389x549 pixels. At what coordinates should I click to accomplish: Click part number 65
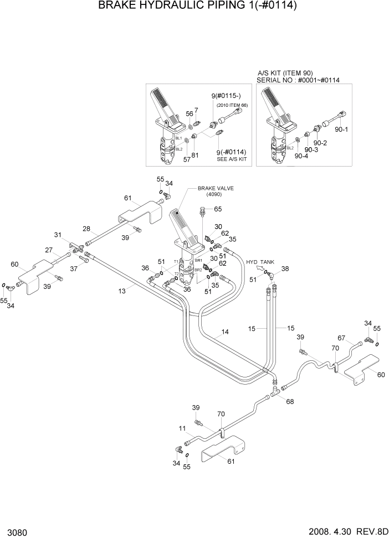coord(218,209)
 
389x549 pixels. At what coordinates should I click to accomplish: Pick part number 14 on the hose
coord(224,333)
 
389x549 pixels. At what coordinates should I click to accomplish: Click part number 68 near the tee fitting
coord(290,401)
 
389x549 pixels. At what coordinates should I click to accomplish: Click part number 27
coord(48,250)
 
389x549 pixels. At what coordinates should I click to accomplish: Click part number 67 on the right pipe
coord(341,338)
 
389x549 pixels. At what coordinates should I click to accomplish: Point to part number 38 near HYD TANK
coord(285,269)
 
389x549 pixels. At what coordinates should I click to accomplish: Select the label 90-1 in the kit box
coord(341,130)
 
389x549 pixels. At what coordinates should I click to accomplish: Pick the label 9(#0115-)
coord(224,96)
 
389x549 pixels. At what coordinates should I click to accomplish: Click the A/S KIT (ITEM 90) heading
coord(285,73)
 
